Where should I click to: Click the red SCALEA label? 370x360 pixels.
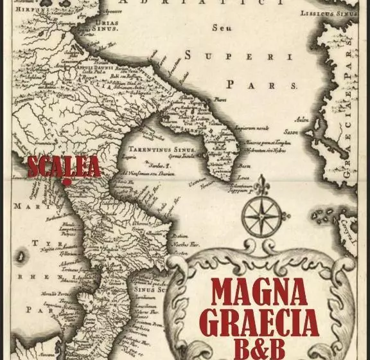click(64, 166)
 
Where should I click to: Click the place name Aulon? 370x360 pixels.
click(301, 120)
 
